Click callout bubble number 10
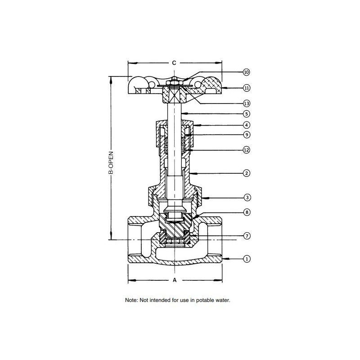246,72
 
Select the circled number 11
246,88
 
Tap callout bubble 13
246,103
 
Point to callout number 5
246,114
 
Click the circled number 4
246,125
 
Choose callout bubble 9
246,135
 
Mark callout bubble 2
246,172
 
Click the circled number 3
246,197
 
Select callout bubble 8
246,211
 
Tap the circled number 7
246,236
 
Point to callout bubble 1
246,259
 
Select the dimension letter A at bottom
175,280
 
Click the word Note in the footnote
131,300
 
